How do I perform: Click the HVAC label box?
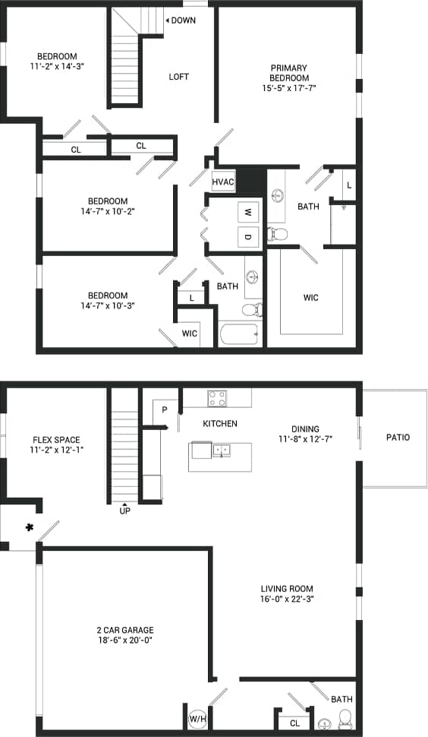(x=223, y=182)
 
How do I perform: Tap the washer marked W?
(x=247, y=213)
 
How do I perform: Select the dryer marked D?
(x=247, y=237)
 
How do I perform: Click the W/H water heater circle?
(x=197, y=718)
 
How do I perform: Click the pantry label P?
(x=164, y=410)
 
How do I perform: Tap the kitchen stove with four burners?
(x=217, y=397)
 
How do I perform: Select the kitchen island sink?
(x=222, y=451)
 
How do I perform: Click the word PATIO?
(x=398, y=437)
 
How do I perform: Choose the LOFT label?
(x=179, y=77)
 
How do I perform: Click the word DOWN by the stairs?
(x=183, y=21)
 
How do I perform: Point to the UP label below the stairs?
(x=125, y=511)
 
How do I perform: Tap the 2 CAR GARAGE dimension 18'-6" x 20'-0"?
(x=124, y=641)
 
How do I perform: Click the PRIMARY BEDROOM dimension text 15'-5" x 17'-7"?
(x=290, y=88)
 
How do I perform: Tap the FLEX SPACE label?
(x=56, y=440)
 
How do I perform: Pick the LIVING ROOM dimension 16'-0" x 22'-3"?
(x=287, y=599)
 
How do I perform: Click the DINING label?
(x=305, y=429)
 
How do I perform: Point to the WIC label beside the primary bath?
(x=311, y=298)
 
